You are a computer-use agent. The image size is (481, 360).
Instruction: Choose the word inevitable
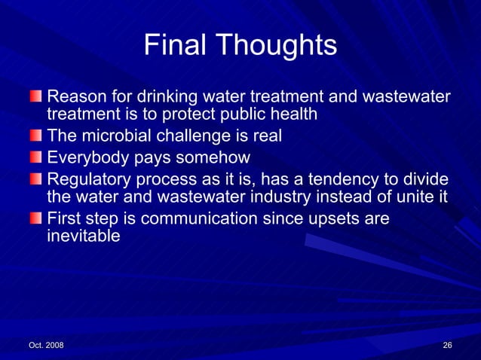[x=83, y=236]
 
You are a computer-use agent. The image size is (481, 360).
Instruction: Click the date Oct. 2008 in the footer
[x=46, y=345]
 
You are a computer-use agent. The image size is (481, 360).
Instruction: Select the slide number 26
[x=447, y=345]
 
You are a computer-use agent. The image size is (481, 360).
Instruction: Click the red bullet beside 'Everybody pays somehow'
[x=36, y=157]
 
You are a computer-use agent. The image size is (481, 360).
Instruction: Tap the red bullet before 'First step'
[x=36, y=218]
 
